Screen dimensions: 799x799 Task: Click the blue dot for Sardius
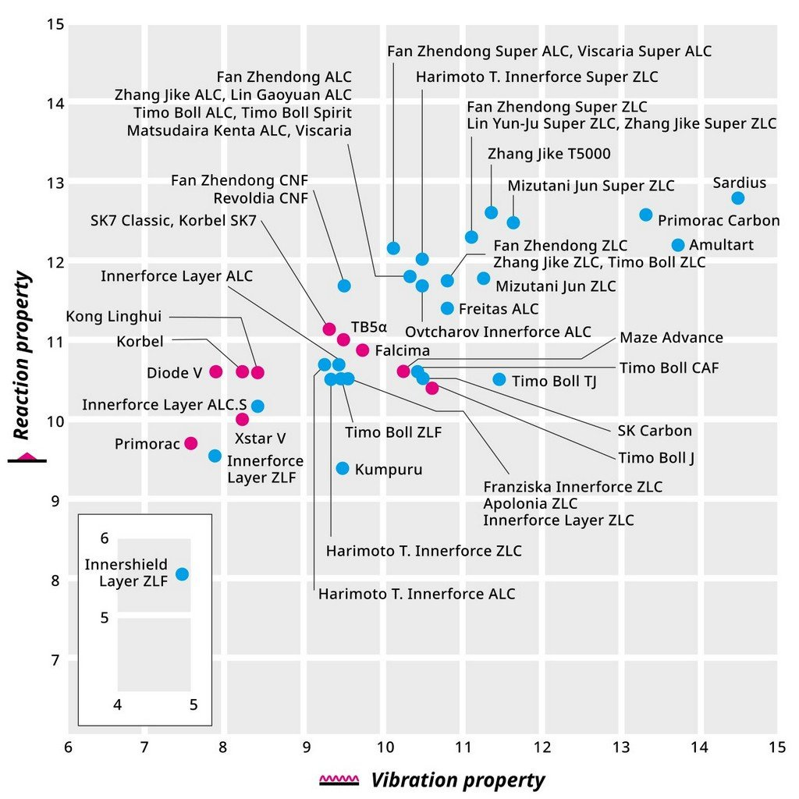(x=738, y=198)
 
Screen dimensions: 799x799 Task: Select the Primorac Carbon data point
(x=646, y=215)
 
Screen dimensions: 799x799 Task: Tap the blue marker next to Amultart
(x=678, y=245)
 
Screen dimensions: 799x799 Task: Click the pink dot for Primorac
(x=191, y=443)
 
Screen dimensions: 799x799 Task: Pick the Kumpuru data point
(x=343, y=468)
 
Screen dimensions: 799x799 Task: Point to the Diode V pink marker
(x=216, y=371)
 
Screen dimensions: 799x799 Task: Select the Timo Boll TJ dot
(x=499, y=380)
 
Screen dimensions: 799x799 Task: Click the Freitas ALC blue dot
(x=447, y=308)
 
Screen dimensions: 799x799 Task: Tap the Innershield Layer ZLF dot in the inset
(x=182, y=574)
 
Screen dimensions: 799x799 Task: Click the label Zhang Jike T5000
(x=549, y=154)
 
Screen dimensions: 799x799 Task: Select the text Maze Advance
(x=671, y=338)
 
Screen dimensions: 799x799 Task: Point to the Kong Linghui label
(x=114, y=317)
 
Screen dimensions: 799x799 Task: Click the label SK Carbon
(x=654, y=431)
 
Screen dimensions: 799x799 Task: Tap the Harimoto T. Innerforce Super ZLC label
(x=537, y=76)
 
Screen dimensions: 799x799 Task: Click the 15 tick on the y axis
(x=55, y=24)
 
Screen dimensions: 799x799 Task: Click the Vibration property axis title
(x=457, y=779)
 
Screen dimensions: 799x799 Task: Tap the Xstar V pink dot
(x=243, y=420)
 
